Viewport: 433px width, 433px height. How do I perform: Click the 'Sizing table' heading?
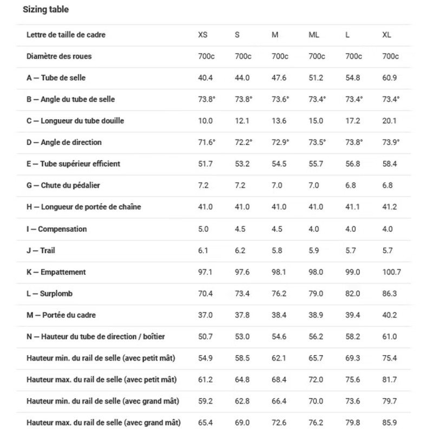(x=46, y=10)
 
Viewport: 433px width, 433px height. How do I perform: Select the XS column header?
(x=202, y=35)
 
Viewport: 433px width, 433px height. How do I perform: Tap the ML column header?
(x=314, y=35)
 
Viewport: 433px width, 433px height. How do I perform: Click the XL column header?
(x=386, y=35)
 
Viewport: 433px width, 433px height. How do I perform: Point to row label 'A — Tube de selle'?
(x=56, y=78)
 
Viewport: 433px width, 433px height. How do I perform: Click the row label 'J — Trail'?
(x=41, y=251)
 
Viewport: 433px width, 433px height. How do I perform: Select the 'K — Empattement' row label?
(x=56, y=272)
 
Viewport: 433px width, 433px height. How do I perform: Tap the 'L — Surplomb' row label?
(x=49, y=294)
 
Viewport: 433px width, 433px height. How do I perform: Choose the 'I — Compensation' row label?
(x=56, y=229)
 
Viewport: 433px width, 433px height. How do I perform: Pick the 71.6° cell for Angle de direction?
(x=206, y=142)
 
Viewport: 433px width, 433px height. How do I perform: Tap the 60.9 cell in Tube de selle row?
(x=390, y=78)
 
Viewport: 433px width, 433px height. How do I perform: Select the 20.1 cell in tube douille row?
(x=390, y=121)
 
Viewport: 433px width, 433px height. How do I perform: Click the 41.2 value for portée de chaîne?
(x=390, y=207)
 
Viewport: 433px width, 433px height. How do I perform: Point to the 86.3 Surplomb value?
(x=390, y=294)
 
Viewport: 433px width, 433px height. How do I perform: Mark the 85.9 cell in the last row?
(x=390, y=422)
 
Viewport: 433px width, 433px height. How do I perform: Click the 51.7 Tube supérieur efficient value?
(x=205, y=164)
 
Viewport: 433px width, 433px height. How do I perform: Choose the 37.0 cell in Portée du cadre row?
(x=205, y=315)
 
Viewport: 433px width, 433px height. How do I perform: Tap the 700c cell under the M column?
(x=280, y=56)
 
